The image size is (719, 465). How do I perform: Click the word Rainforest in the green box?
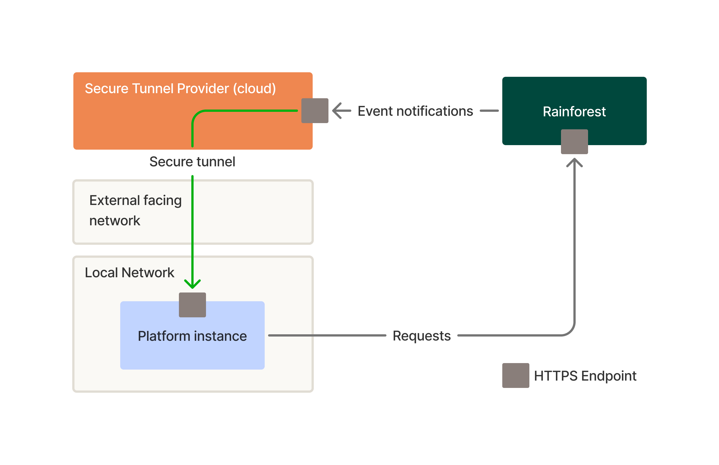pyautogui.click(x=574, y=112)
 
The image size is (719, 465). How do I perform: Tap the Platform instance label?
pyautogui.click(x=192, y=336)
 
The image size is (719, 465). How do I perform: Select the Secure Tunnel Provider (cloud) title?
pyautogui.click(x=180, y=88)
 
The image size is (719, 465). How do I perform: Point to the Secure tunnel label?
pyautogui.click(x=192, y=161)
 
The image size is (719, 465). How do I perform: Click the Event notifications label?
pyautogui.click(x=415, y=111)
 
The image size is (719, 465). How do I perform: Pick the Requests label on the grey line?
pyautogui.click(x=422, y=336)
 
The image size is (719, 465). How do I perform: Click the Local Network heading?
pyautogui.click(x=130, y=272)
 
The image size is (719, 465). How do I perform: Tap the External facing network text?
pyautogui.click(x=135, y=210)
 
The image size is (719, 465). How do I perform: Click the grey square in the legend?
pyautogui.click(x=516, y=375)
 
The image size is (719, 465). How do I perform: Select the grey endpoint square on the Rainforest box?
pyautogui.click(x=574, y=142)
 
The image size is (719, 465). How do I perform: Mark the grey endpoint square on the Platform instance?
pyautogui.click(x=192, y=305)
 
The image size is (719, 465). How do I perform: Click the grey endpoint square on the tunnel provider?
pyautogui.click(x=315, y=110)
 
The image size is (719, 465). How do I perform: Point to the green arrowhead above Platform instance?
pyautogui.click(x=192, y=284)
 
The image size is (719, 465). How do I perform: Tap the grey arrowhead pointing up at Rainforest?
pyautogui.click(x=574, y=162)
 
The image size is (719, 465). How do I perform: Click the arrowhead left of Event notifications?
pyautogui.click(x=337, y=110)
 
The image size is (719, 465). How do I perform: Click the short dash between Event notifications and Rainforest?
pyautogui.click(x=489, y=111)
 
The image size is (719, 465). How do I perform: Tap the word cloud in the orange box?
pyautogui.click(x=254, y=88)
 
